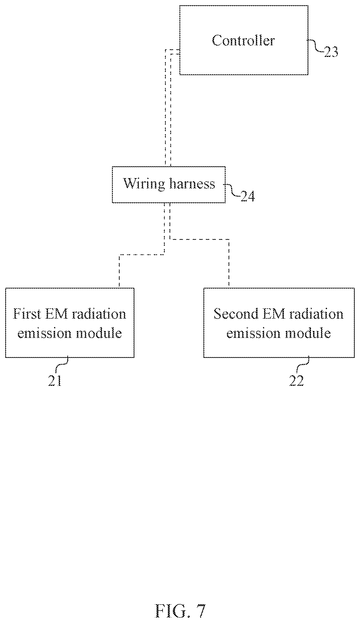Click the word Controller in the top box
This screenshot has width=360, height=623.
pyautogui.click(x=243, y=41)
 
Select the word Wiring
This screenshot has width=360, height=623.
pyautogui.click(x=144, y=184)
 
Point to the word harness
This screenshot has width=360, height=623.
pyautogui.click(x=192, y=183)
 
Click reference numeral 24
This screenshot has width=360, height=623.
pyautogui.click(x=248, y=196)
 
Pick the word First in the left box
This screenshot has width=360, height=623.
pyautogui.click(x=27, y=314)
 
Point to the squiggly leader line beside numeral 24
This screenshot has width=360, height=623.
pyautogui.click(x=232, y=190)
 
